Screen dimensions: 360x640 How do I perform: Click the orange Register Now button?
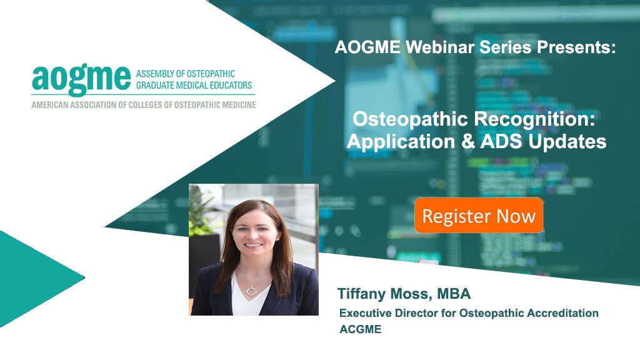pos(479,216)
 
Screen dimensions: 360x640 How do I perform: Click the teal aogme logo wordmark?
pos(81,78)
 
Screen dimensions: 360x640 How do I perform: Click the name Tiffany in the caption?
pos(363,294)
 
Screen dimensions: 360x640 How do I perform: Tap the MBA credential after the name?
pos(450,294)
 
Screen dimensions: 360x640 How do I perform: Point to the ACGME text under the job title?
pos(360,329)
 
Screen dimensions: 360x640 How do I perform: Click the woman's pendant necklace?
pos(252,289)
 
